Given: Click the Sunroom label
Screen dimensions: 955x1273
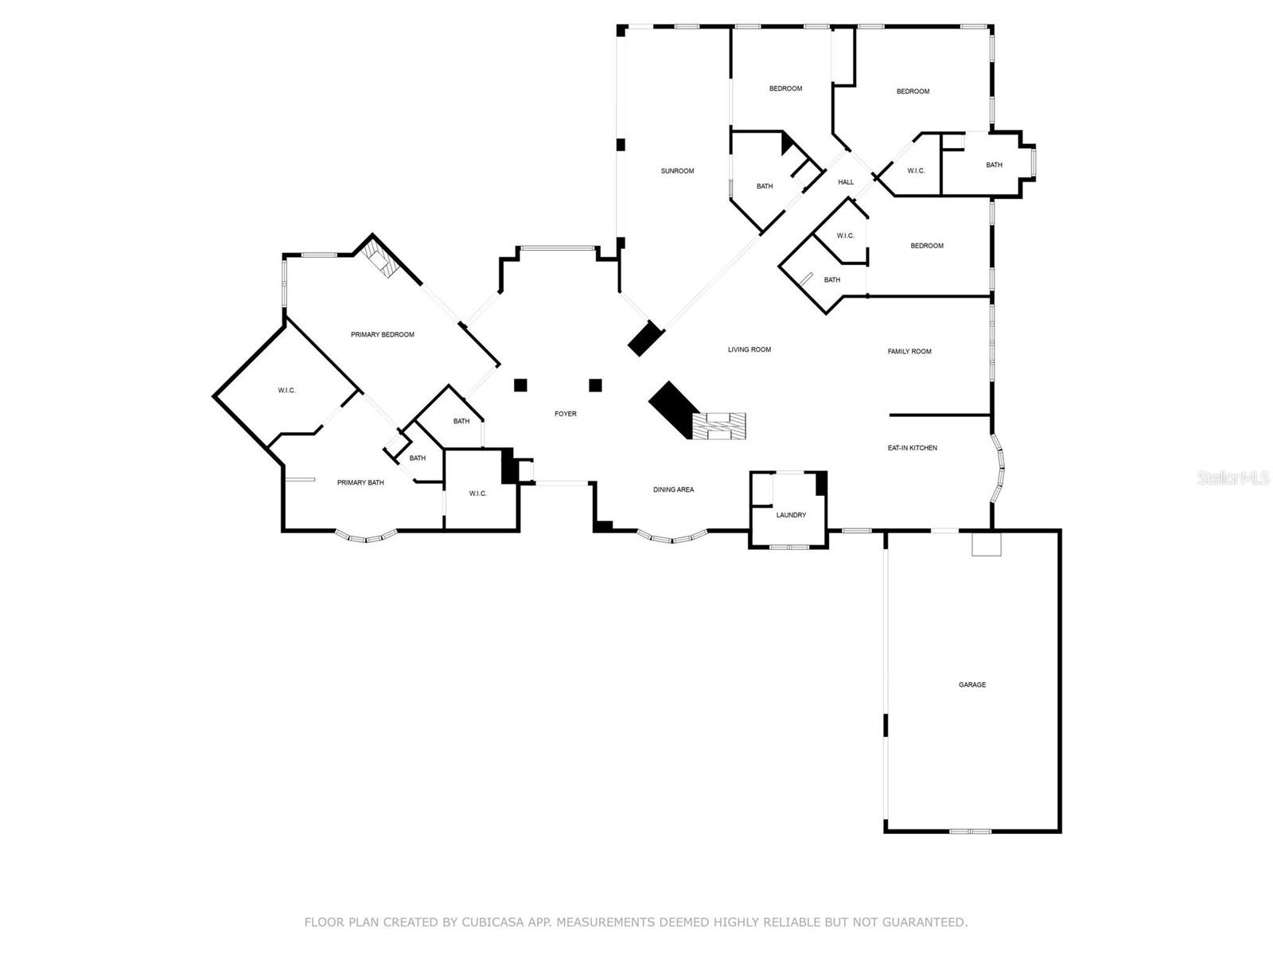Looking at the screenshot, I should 677,171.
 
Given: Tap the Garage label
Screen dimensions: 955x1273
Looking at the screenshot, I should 971,684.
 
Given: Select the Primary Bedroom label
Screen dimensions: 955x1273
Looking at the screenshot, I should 383,335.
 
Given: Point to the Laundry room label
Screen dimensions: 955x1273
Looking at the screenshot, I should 791,515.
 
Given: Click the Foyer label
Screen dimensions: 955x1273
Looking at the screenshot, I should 566,414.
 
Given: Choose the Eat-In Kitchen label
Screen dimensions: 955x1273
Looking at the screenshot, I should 912,448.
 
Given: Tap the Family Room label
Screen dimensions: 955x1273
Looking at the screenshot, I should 909,352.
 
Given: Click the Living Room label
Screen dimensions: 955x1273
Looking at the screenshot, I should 749,349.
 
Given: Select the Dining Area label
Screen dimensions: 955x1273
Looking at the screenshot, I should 673,489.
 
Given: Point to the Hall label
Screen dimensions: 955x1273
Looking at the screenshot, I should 846,182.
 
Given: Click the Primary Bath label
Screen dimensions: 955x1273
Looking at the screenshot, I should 360,482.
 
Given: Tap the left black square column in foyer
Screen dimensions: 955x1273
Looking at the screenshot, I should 520,385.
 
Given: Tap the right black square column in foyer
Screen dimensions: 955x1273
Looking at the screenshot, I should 595,385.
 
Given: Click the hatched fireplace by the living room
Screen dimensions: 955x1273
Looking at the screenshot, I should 719,426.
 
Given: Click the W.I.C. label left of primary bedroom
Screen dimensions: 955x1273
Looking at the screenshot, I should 286,390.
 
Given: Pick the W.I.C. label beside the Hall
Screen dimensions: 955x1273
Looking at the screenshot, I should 916,171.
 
